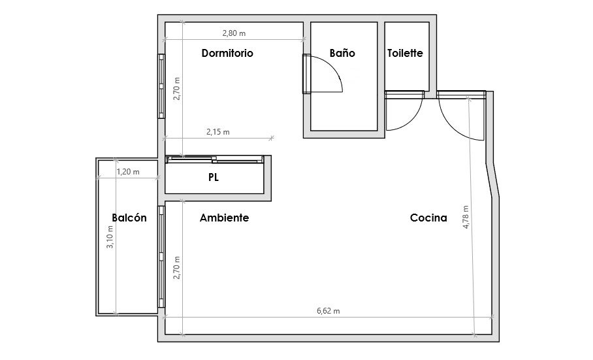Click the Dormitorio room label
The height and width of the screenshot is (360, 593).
coord(227,53)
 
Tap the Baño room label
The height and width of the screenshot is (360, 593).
coord(342,52)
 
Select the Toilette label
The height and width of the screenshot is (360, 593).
coord(405,53)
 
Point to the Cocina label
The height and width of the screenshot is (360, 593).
coord(428,218)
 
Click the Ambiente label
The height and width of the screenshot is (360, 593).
coord(224,218)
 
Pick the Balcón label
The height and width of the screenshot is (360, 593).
coord(129,218)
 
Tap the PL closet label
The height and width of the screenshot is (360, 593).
coord(214,177)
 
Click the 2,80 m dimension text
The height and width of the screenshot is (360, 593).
coord(234,33)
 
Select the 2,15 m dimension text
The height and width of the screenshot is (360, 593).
coord(218,132)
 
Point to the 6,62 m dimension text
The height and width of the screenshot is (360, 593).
coord(328,311)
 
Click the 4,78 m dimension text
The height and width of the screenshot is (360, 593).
coord(466,217)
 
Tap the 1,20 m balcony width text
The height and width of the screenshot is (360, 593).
coord(128,172)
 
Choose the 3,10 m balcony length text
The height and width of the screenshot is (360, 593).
coord(110,237)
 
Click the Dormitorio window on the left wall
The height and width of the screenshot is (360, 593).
coord(161,86)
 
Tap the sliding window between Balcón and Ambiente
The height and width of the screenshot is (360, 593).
coord(161,256)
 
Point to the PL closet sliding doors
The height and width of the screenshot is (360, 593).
coord(215,159)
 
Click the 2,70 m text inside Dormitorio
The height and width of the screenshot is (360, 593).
coord(176,89)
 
